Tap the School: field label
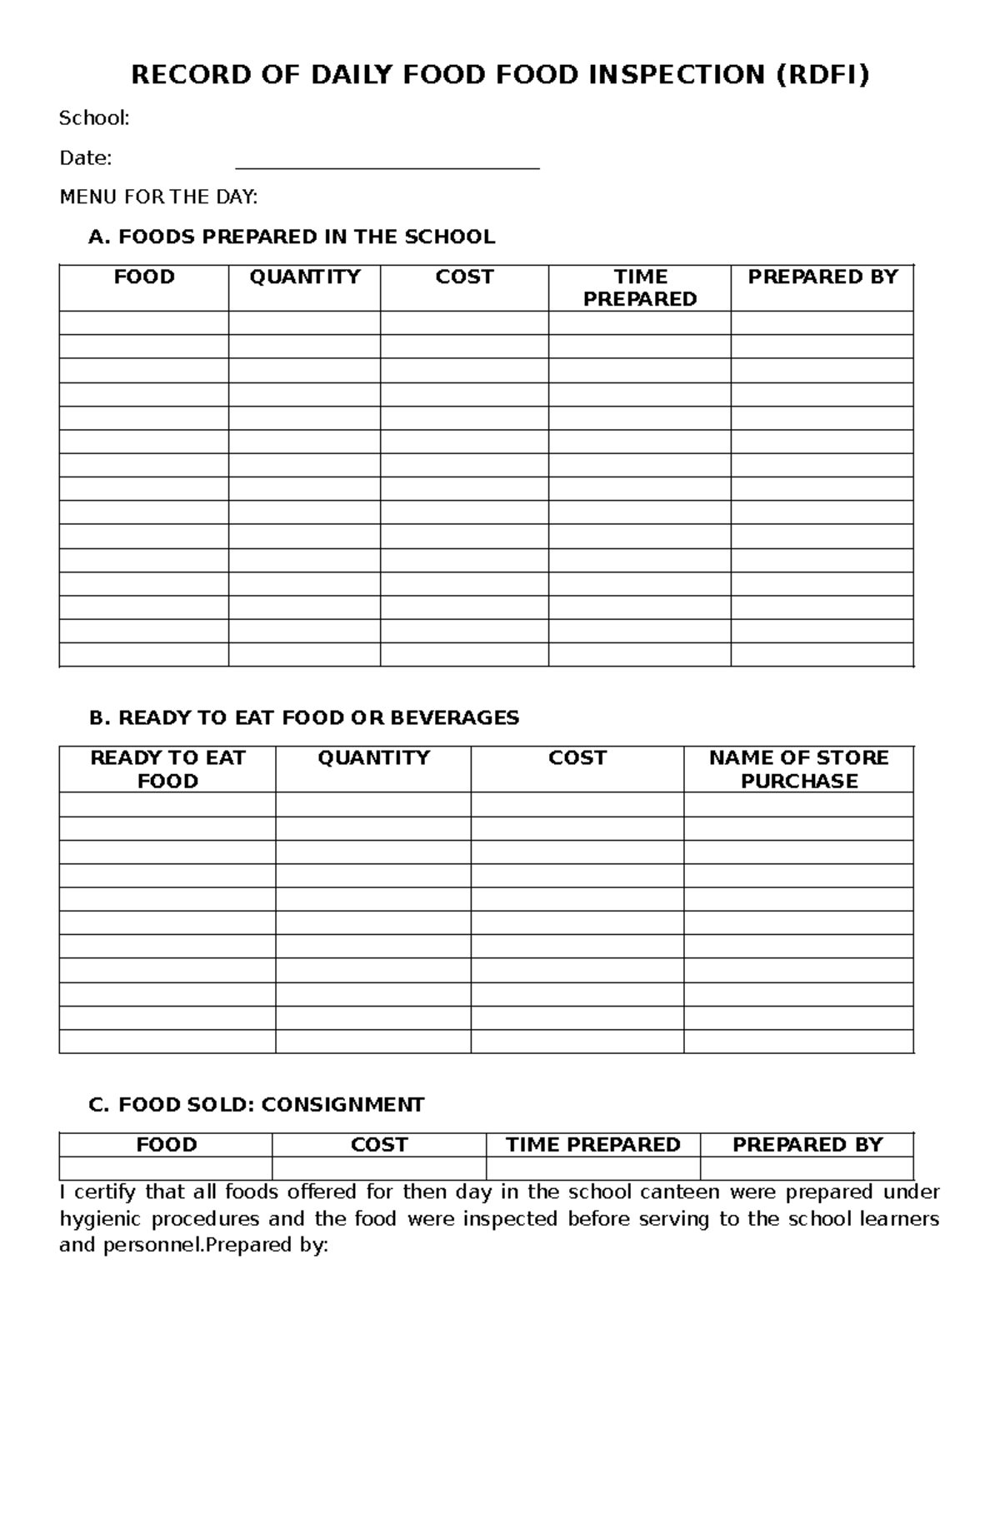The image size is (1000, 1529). [94, 118]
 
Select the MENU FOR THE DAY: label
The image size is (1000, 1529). [158, 197]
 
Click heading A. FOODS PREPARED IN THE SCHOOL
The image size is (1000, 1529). [292, 237]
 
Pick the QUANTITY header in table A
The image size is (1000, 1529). [304, 277]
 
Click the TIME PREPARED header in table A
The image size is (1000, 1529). [639, 287]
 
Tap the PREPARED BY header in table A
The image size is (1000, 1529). [822, 277]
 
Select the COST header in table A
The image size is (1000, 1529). [464, 277]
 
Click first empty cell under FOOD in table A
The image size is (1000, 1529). [143, 323]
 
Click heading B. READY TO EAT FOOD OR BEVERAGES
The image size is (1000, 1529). [304, 717]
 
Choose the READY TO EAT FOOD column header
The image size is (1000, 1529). [167, 769]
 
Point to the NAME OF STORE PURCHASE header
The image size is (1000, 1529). [798, 769]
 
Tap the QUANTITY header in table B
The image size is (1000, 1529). [373, 757]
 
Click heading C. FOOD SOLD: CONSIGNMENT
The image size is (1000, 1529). [257, 1105]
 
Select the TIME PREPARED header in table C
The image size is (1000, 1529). [592, 1145]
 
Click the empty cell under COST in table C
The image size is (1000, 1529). [378, 1168]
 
